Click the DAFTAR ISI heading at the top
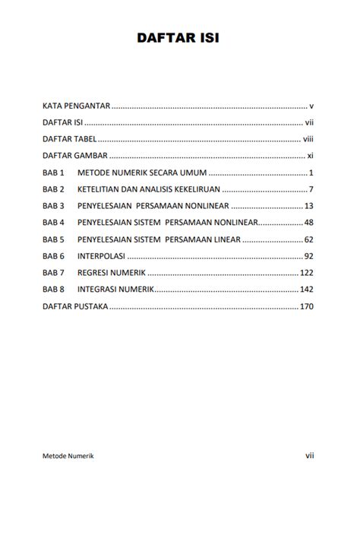point(178,37)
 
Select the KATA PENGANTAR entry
point(77,106)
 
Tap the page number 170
point(307,307)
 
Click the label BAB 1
point(54,172)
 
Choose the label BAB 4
point(54,223)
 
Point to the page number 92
point(309,256)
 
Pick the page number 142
point(307,290)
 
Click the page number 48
point(309,223)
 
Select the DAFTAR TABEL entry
point(69,139)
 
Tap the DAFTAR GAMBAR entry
point(74,156)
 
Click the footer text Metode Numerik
point(68,456)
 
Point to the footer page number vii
point(310,456)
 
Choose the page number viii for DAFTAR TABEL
point(308,139)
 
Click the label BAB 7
point(54,273)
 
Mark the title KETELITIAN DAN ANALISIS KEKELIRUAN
point(148,189)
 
